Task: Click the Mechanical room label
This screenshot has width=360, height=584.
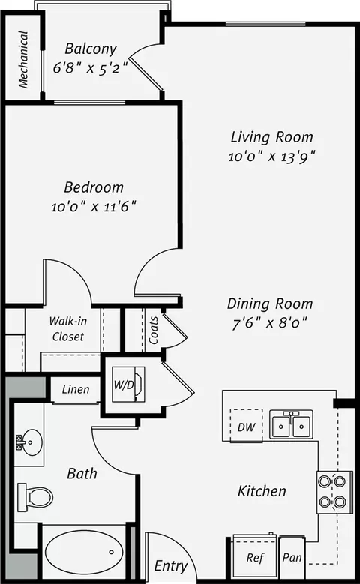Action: [23, 59]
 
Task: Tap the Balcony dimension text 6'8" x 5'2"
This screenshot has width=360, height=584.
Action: [91, 68]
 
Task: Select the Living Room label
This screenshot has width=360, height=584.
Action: [272, 137]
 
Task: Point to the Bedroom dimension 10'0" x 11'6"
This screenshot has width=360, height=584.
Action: [94, 206]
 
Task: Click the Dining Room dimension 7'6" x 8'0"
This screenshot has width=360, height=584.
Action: [270, 323]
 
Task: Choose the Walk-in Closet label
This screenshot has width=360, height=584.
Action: [68, 328]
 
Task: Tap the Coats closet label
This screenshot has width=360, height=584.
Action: [154, 331]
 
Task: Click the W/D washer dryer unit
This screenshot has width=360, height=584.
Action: [128, 384]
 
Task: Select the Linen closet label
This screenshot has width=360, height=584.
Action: [76, 390]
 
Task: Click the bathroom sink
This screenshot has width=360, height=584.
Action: [30, 442]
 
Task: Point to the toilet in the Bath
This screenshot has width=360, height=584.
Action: [36, 496]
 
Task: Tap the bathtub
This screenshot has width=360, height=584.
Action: [84, 550]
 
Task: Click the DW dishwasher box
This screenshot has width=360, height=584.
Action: [246, 426]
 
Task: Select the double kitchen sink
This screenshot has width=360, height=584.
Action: [292, 424]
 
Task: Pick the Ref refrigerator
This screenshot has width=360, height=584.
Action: [255, 558]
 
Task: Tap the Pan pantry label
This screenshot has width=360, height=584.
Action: [292, 558]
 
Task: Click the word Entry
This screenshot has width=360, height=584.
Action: [171, 566]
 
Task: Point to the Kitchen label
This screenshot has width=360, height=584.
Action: [262, 491]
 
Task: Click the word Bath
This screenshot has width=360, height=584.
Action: [82, 473]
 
